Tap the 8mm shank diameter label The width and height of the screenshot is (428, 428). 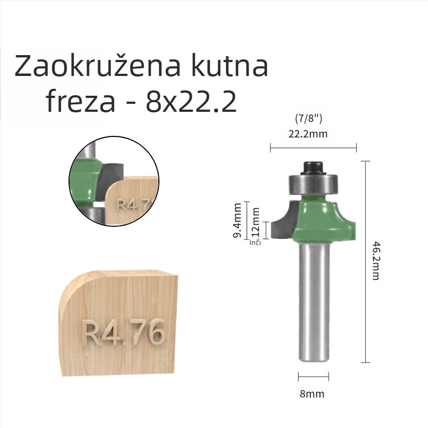312,394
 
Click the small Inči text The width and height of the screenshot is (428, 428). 255,243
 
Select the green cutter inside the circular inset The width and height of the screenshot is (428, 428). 87,180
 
